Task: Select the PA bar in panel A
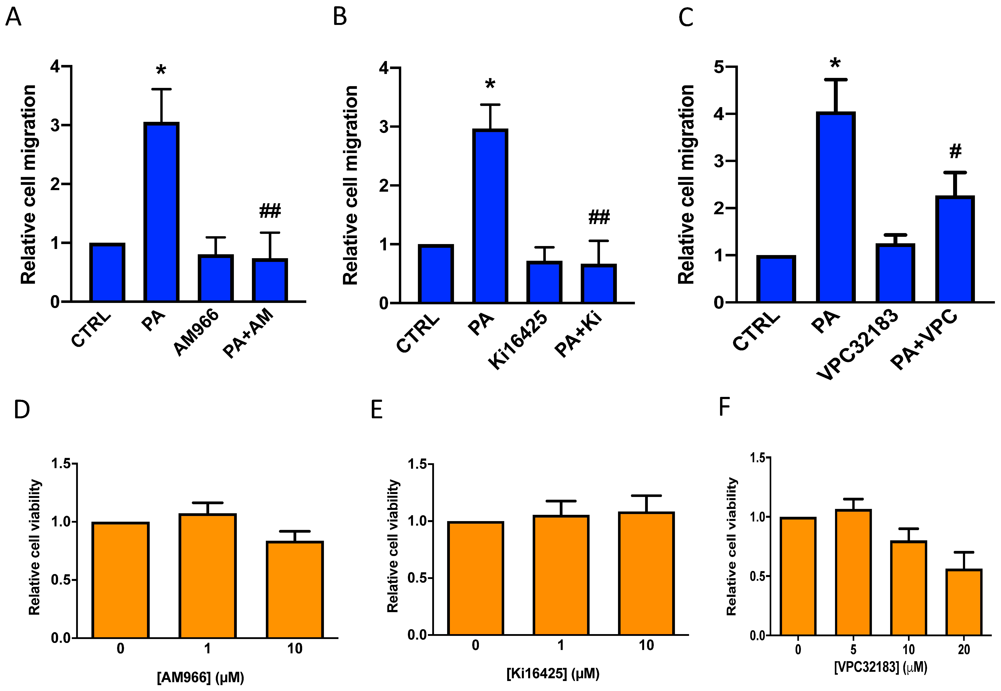click(x=161, y=212)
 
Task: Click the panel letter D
click(x=22, y=409)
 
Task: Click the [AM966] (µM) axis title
click(x=201, y=677)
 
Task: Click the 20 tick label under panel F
click(x=964, y=649)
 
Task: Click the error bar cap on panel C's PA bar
click(x=835, y=80)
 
